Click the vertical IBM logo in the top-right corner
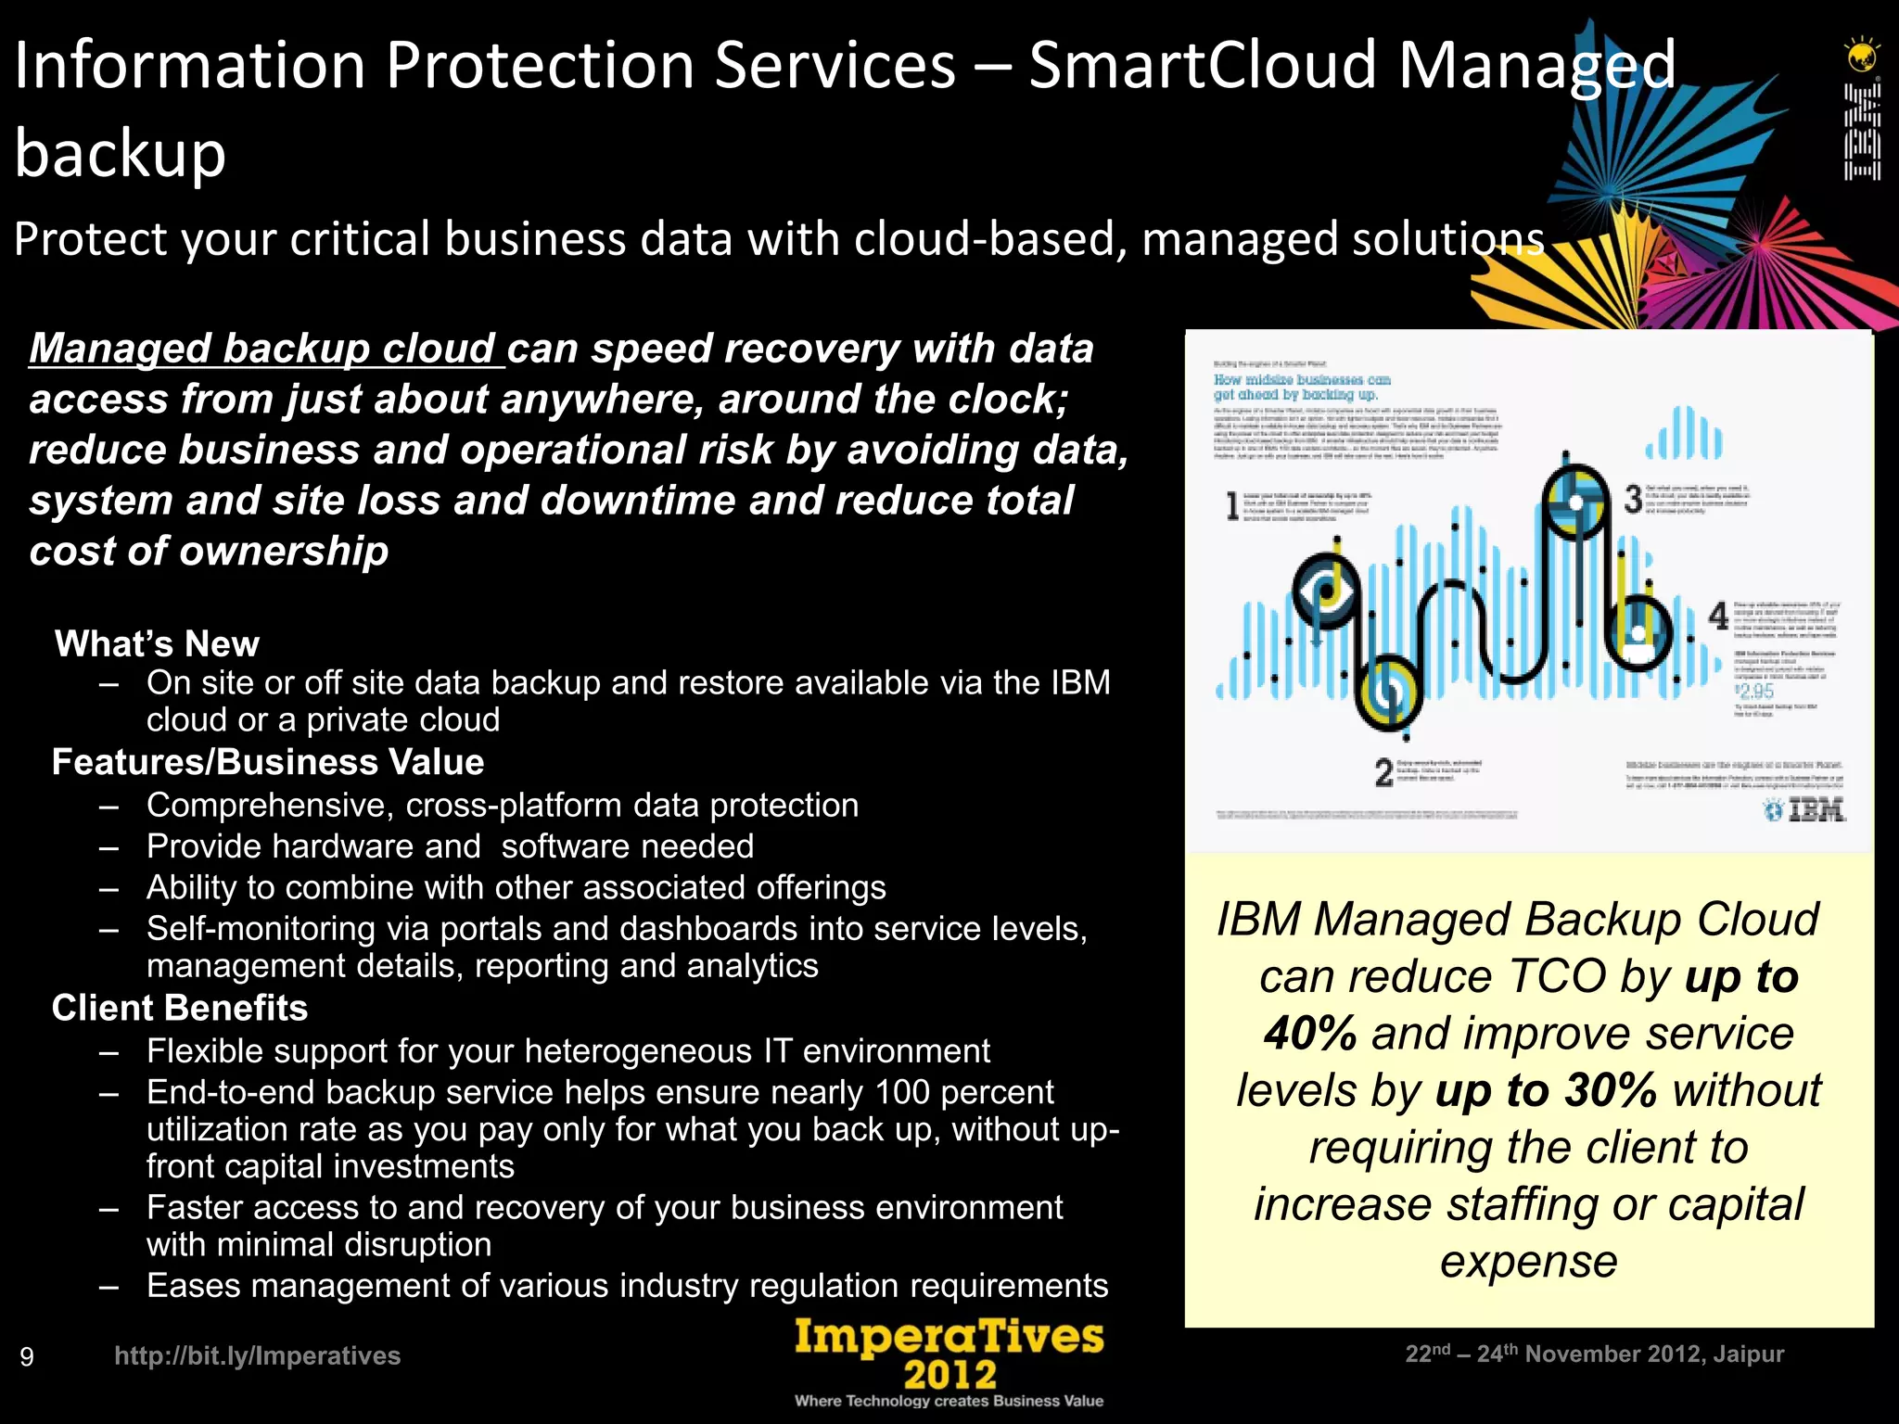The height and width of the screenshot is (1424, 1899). coord(1861,130)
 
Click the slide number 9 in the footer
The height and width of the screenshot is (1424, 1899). coord(27,1357)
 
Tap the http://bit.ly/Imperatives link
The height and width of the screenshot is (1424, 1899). coord(257,1355)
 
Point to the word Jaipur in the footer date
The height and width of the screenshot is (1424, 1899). coord(1748,1354)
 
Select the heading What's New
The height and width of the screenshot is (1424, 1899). coord(157,643)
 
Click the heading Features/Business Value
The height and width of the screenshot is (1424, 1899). coord(268,762)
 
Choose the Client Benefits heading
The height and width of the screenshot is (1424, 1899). coord(180,1008)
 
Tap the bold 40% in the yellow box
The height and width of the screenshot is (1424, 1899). coord(1309,1034)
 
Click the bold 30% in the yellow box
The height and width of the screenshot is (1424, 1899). coord(1610,1090)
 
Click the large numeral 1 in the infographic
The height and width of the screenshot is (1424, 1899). coord(1232,506)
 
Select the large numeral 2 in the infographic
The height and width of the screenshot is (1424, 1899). coord(1383,772)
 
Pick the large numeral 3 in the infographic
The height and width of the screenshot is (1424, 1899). coord(1633,500)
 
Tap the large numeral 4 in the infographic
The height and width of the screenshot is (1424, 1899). coord(1718,615)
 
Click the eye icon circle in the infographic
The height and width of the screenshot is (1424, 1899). coord(1327,591)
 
